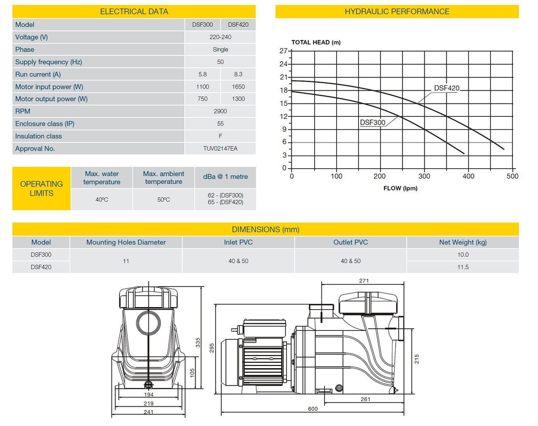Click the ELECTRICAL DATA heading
click(x=134, y=12)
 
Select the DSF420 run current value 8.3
click(x=238, y=74)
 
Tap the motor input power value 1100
click(x=202, y=87)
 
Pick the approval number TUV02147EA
click(x=220, y=148)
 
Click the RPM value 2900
click(x=220, y=111)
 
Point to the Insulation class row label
click(x=38, y=136)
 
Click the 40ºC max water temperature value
click(x=101, y=199)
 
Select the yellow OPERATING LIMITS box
click(x=42, y=188)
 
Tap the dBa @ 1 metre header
click(x=225, y=177)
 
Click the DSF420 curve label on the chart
click(x=447, y=88)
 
